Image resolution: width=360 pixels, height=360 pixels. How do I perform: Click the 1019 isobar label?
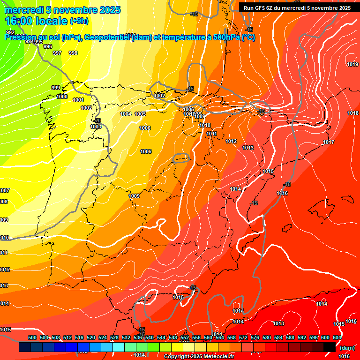point(352,65)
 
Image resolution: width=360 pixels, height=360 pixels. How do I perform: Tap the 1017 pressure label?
point(329,142)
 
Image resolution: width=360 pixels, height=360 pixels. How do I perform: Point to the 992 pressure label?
point(10,32)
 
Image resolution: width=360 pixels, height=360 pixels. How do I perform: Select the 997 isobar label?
point(57,53)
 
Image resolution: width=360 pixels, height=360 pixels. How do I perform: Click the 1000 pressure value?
point(62,97)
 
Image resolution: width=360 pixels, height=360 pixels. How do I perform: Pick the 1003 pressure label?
point(96,127)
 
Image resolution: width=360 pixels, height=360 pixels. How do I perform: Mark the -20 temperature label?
point(97,120)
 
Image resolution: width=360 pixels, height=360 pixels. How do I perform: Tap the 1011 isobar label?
point(212,134)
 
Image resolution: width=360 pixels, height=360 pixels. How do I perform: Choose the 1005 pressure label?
point(140,114)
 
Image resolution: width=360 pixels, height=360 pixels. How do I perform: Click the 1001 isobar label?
point(78,100)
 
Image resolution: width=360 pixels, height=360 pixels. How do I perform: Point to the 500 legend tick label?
point(32,337)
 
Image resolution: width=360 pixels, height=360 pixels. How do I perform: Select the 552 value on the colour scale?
point(185,337)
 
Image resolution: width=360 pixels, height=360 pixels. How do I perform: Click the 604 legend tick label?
point(337,337)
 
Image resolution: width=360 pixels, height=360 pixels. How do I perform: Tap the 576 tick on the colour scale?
point(255,337)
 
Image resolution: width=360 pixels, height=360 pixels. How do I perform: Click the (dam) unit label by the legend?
point(347,347)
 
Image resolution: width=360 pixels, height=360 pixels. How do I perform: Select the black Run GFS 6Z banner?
point(297,7)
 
